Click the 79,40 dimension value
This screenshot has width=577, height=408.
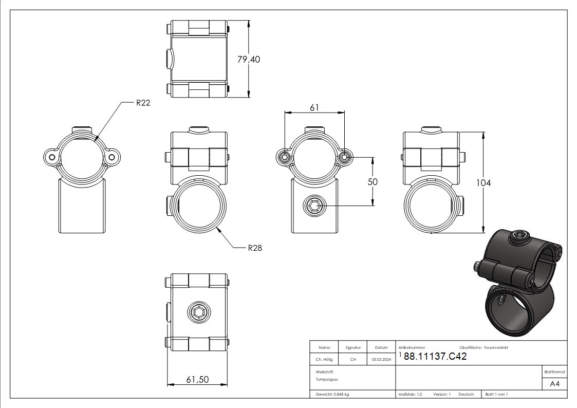point(249,59)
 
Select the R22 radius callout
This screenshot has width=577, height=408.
point(143,103)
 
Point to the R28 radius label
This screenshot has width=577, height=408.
point(255,248)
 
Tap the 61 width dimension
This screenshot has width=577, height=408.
point(314,107)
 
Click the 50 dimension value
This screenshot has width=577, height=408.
point(373,182)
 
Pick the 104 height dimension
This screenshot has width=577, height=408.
point(483,182)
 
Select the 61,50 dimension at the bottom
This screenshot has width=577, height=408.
point(198,379)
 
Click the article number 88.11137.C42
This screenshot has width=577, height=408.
point(435,356)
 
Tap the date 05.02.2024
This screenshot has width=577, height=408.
point(381,359)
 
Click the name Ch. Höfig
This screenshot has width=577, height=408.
point(324,359)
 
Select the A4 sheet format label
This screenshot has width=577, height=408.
point(554,384)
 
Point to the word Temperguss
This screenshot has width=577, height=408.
point(327,379)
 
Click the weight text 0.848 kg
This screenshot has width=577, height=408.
point(342,394)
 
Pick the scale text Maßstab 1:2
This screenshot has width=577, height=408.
point(411,394)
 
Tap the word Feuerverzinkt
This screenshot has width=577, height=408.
point(496,347)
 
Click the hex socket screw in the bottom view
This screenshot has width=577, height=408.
point(199,313)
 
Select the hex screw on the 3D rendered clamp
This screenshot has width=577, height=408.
point(519,236)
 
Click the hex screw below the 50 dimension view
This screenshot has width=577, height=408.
point(315,206)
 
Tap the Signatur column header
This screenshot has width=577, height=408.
point(353,347)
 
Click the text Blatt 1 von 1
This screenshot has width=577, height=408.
point(496,394)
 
